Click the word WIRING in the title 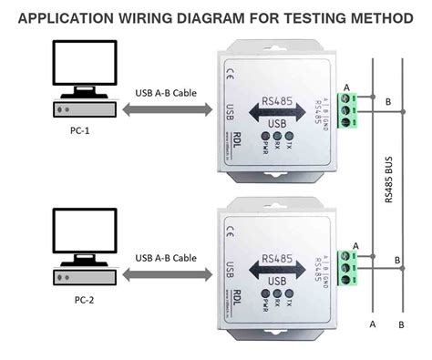(x=126, y=16)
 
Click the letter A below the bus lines (x=373, y=324)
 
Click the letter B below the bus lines (x=403, y=324)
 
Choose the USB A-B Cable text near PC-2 (x=164, y=258)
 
